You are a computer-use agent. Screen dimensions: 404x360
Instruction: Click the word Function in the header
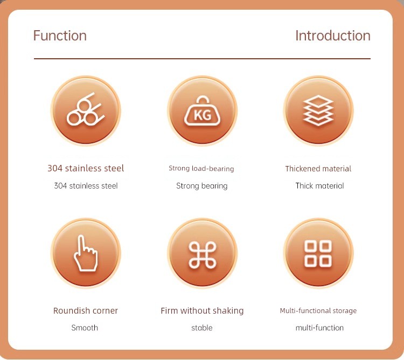click(x=60, y=36)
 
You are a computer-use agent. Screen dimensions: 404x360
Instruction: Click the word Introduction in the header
click(x=333, y=36)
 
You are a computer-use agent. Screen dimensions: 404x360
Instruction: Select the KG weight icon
click(x=202, y=111)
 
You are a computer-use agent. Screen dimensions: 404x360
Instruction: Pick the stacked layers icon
click(x=318, y=110)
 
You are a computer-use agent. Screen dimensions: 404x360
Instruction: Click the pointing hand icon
click(x=86, y=253)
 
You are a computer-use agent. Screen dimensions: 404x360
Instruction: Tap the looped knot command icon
click(x=203, y=255)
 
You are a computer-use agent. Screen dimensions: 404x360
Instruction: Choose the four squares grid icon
click(x=318, y=254)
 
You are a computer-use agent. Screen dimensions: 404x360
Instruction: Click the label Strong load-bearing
click(x=201, y=169)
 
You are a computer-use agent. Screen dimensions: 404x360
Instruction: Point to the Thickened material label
click(x=318, y=169)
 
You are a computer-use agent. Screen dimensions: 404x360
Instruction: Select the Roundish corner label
click(x=86, y=310)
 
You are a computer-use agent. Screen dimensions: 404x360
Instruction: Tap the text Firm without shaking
click(x=202, y=311)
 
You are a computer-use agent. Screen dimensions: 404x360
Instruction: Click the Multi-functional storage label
click(x=318, y=311)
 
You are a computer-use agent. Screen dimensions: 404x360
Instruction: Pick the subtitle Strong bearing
click(x=202, y=186)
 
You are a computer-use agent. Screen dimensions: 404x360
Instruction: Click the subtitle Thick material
click(x=319, y=185)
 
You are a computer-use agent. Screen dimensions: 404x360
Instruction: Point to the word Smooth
click(x=85, y=328)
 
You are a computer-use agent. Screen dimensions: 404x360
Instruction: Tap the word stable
click(x=202, y=328)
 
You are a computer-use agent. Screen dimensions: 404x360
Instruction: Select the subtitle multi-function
click(x=319, y=328)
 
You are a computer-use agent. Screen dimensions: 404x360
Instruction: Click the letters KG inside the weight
click(x=203, y=115)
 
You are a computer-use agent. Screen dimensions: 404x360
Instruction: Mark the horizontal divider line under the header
click(x=202, y=59)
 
